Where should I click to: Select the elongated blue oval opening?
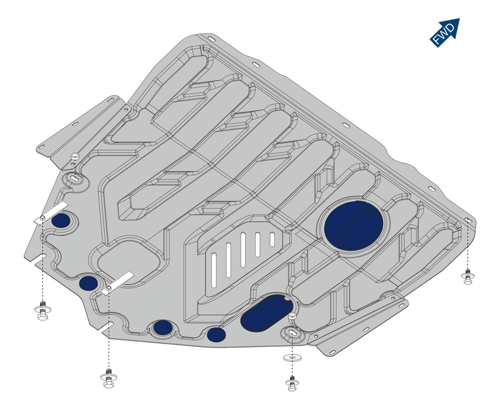click(x=267, y=313)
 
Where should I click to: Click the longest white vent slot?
click(x=243, y=250)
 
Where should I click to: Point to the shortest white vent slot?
click(x=272, y=239)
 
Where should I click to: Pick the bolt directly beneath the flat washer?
click(x=292, y=383)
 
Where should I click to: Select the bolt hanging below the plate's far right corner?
click(x=468, y=277)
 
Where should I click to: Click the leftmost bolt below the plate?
click(x=43, y=311)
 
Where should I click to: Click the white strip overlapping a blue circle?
click(x=51, y=213)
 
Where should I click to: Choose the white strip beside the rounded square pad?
click(x=118, y=283)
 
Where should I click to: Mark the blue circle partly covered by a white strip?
click(x=61, y=220)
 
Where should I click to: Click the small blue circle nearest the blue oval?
click(x=216, y=334)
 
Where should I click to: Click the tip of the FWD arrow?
click(x=460, y=18)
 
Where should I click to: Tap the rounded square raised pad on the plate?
click(x=129, y=262)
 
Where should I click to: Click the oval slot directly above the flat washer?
click(x=292, y=333)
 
